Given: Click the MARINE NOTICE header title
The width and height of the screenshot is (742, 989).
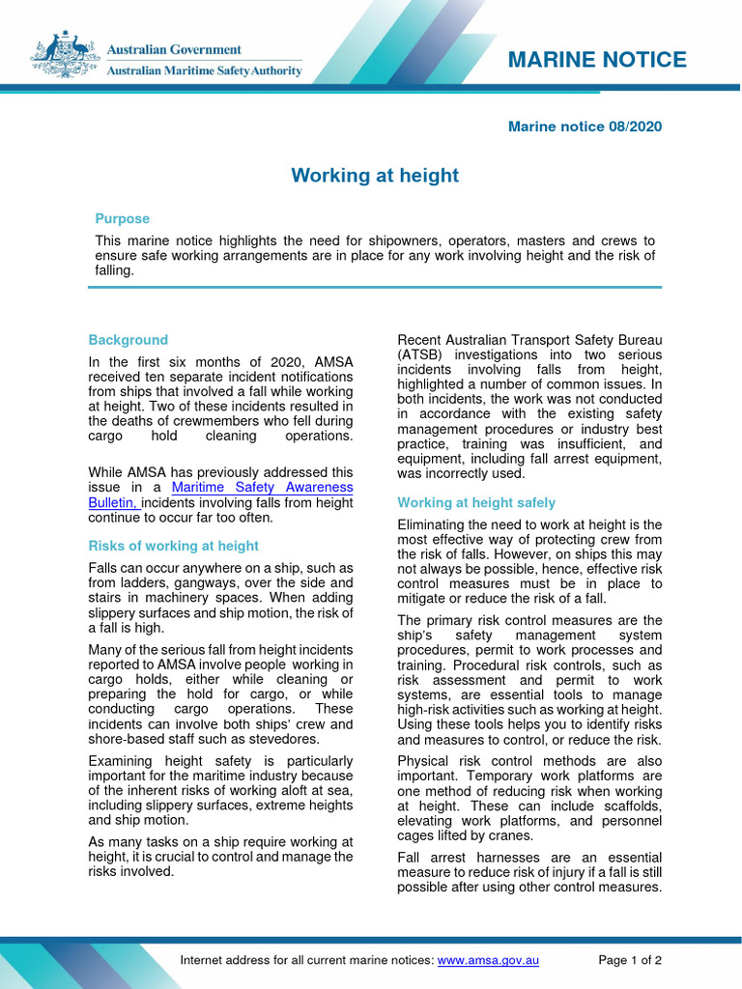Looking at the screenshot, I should click(597, 60).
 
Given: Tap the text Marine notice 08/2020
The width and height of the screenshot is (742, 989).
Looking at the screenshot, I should click(585, 127).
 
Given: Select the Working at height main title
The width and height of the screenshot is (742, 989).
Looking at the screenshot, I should click(375, 176).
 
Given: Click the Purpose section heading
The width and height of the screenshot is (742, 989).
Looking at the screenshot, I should click(123, 218).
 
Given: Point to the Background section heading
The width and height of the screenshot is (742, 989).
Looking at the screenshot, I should click(128, 340).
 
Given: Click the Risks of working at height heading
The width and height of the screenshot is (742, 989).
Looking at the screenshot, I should click(174, 546).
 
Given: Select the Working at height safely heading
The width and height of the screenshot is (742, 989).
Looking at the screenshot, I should click(476, 502).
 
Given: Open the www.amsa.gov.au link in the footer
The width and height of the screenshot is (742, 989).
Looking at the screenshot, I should click(488, 960).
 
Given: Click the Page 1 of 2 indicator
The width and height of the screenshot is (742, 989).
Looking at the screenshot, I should click(630, 960).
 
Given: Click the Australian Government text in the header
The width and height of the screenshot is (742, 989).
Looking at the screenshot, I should click(174, 49).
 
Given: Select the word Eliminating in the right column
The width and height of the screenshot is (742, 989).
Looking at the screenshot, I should click(432, 524).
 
